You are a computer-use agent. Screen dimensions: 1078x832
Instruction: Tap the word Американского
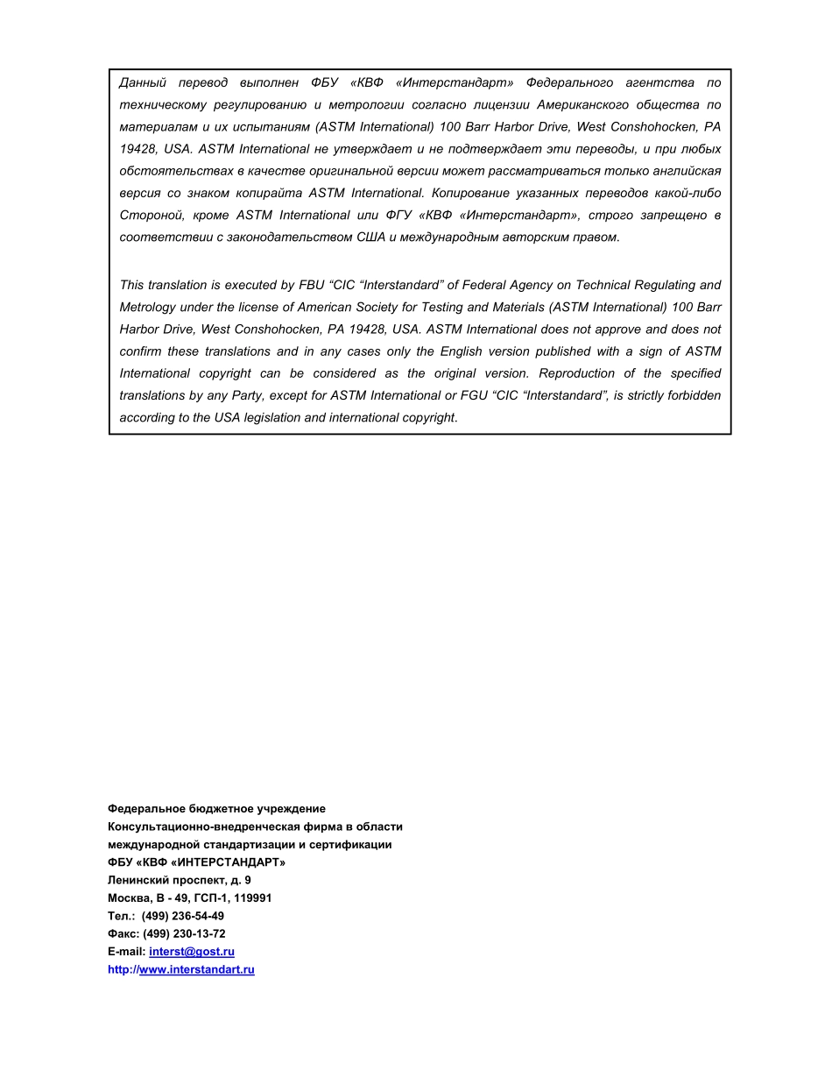[584, 105]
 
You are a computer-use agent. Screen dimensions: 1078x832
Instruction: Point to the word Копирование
[469, 193]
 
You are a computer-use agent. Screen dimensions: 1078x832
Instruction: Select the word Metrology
[147, 308]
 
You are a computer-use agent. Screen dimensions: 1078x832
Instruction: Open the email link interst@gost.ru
[192, 952]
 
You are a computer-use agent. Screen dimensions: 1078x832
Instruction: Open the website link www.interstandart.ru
[196, 969]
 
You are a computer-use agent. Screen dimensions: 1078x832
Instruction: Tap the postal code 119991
[253, 898]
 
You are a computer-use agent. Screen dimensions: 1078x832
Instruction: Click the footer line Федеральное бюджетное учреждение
[216, 809]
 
